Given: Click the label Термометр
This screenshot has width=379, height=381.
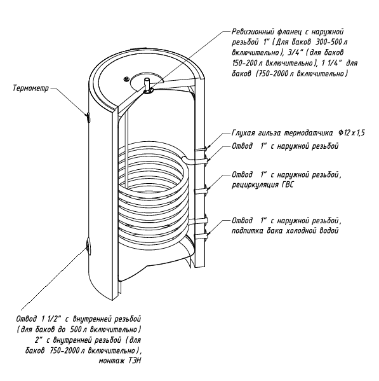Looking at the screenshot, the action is [31, 88].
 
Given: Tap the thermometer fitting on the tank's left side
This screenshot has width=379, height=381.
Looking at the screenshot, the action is [88, 117].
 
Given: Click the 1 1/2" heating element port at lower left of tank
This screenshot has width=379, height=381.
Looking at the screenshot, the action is [88, 247].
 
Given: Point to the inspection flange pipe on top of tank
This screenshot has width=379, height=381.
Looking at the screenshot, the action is [147, 85].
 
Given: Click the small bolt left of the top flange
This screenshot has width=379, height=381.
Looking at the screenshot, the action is [126, 79].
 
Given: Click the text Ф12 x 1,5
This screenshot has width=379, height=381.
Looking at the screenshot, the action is [351, 133].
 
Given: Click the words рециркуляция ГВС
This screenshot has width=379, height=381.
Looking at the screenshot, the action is [263, 185].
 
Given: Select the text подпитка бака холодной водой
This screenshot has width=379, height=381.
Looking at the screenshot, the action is [285, 231].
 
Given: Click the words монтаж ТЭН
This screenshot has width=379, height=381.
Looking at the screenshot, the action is [119, 361].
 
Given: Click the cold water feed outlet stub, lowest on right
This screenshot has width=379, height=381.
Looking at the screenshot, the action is [201, 235].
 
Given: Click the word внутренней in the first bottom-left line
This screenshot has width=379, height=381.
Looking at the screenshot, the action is [93, 319].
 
